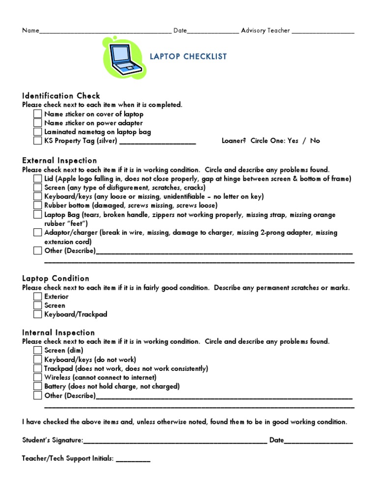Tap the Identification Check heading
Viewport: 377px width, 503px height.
click(x=61, y=96)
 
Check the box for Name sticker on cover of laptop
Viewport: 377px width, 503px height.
click(x=38, y=114)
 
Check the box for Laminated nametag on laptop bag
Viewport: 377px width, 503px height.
click(x=38, y=132)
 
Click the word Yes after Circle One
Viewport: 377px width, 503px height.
click(x=293, y=140)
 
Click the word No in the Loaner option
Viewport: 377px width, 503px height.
click(x=315, y=140)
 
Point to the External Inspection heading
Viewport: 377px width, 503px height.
click(x=59, y=161)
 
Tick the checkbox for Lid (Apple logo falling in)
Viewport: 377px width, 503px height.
click(x=38, y=179)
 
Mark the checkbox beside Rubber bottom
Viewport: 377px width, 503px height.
click(x=38, y=205)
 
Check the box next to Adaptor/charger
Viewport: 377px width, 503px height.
click(x=38, y=232)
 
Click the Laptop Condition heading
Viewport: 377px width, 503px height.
click(x=55, y=279)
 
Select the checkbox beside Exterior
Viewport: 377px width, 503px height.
click(x=38, y=297)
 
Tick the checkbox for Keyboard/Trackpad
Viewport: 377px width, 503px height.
click(x=38, y=314)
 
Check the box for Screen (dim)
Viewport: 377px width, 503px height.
click(x=38, y=350)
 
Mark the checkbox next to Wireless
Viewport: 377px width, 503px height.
click(x=38, y=377)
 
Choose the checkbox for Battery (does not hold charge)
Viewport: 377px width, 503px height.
click(x=38, y=387)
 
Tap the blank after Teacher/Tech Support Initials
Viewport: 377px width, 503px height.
click(x=133, y=459)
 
